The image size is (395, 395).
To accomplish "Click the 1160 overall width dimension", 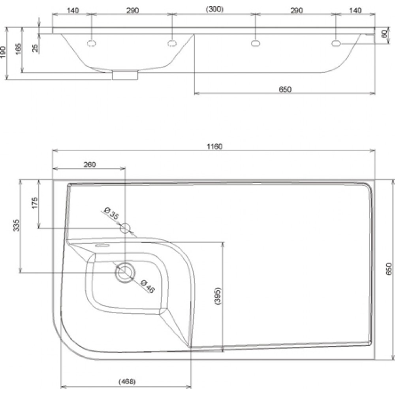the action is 214,147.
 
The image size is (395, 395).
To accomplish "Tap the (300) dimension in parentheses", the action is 214,9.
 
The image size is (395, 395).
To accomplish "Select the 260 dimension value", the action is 90,164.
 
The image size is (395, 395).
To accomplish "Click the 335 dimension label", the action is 16,226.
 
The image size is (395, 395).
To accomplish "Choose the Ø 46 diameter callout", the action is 148,286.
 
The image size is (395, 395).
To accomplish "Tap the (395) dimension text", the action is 218,296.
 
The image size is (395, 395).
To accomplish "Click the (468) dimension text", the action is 127,382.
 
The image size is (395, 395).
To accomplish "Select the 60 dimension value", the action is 385,34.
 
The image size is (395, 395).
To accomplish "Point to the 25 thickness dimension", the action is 36,48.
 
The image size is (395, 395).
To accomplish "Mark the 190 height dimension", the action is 3,52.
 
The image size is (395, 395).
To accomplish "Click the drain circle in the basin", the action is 125,273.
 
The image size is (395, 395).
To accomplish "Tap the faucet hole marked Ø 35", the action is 125,228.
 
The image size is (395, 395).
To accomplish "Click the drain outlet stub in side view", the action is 125,75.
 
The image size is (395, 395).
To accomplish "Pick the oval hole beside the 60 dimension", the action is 335,43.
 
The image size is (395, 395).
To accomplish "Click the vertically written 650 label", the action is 389,269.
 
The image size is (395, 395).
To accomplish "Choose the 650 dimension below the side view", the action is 285,89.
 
